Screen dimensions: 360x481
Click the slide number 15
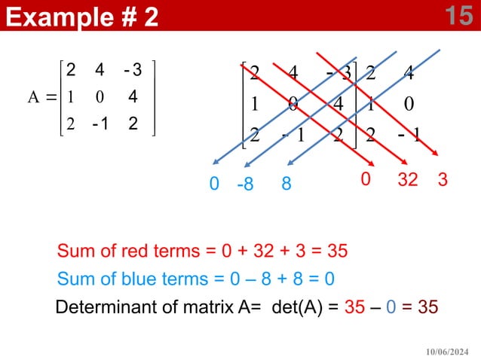458,15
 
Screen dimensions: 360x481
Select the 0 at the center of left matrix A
99,97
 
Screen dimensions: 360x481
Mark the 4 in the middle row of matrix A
132,97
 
